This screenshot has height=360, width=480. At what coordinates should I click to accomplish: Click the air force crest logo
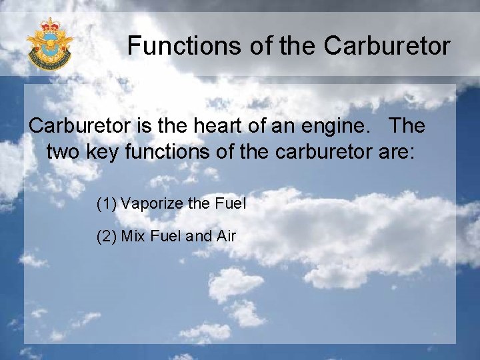click(49, 45)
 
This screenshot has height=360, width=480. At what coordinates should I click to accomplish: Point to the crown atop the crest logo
click(49, 27)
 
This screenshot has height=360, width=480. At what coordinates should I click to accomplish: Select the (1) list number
click(106, 203)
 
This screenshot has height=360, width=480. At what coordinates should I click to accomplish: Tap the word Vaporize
click(151, 203)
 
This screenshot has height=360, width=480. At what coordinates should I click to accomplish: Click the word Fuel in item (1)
click(230, 203)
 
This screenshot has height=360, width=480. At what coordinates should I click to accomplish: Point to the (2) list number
click(106, 236)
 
